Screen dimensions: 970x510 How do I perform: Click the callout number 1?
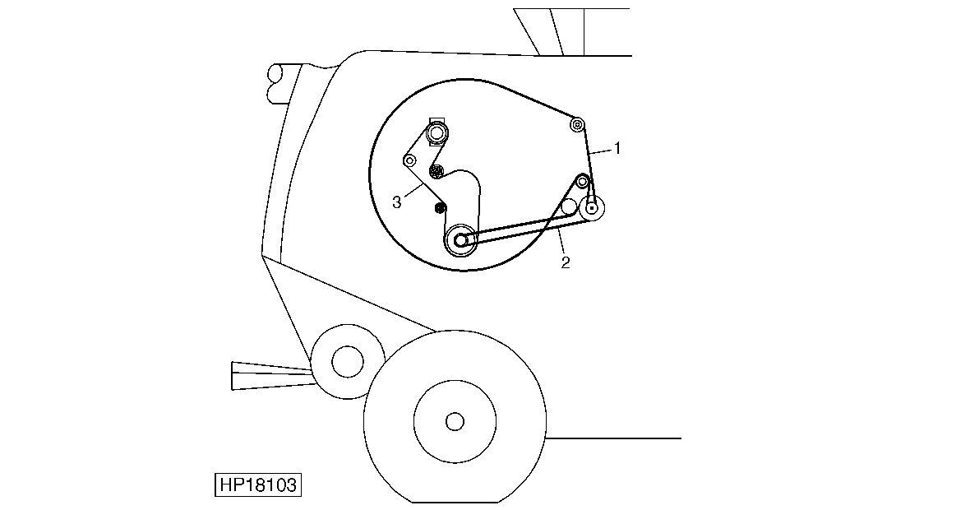pos(617,148)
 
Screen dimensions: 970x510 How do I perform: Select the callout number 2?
pos(566,262)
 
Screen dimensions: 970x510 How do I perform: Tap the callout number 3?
pos(397,202)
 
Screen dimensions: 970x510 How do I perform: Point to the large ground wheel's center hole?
pos(455,421)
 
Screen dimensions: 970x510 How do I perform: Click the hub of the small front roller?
pos(347,361)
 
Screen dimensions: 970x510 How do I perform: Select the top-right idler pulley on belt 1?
pos(577,124)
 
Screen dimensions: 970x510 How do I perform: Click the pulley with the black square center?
pos(592,208)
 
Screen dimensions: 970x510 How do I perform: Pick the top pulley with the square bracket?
pos(437,132)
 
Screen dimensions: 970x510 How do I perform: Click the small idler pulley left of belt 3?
pos(409,161)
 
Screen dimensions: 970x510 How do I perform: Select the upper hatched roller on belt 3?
pos(436,171)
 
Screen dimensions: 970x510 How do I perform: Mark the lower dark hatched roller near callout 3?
pos(440,209)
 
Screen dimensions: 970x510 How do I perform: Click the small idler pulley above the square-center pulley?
pos(582,181)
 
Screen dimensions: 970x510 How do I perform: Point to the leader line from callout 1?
pos(601,151)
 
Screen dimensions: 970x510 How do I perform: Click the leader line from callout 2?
pos(561,242)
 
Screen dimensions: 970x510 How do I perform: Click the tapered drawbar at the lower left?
pos(273,376)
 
